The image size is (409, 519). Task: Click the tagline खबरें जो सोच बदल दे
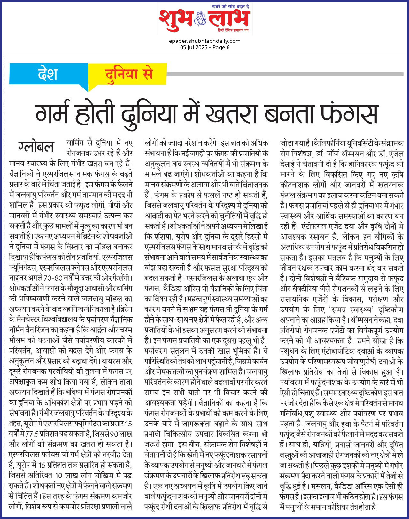click(x=230, y=6)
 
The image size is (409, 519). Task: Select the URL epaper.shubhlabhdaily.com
click(x=204, y=41)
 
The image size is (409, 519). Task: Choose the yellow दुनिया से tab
click(x=129, y=74)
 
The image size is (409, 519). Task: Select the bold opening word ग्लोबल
click(x=36, y=147)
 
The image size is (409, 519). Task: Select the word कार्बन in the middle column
click(x=259, y=362)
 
